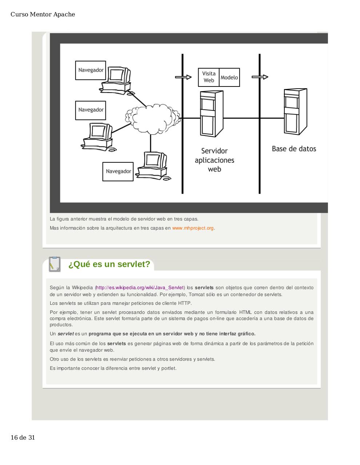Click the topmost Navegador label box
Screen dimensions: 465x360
pyautogui.click(x=91, y=70)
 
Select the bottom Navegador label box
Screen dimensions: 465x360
pyautogui.click(x=118, y=171)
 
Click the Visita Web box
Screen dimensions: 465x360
pyautogui.click(x=209, y=77)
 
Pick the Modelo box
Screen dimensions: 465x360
pyautogui.click(x=229, y=77)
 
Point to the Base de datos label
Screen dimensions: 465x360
pyautogui.click(x=294, y=149)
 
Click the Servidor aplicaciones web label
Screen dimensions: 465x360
pyautogui.click(x=215, y=160)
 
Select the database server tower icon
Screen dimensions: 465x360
pyautogui.click(x=295, y=112)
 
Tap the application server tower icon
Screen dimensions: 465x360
pyautogui.click(x=211, y=113)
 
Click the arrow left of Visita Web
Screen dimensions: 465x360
pyautogui.click(x=184, y=77)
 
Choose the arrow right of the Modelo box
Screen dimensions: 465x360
pyautogui.click(x=260, y=77)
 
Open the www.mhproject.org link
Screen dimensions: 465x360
pyautogui.click(x=193, y=228)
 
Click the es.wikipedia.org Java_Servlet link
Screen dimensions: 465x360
pyautogui.click(x=140, y=288)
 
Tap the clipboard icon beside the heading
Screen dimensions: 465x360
pyautogui.click(x=55, y=264)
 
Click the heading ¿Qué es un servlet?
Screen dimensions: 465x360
pyautogui.click(x=109, y=264)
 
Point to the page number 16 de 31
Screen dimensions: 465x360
pyautogui.click(x=23, y=437)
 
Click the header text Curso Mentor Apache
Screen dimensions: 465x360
pyautogui.click(x=43, y=15)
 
